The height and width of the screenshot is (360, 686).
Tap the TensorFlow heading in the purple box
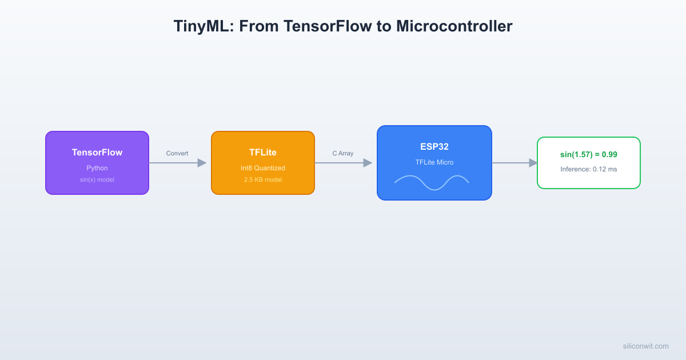(97, 153)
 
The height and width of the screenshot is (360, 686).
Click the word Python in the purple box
(97, 168)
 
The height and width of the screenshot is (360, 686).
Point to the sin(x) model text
(97, 179)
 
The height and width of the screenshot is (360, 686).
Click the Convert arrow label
(177, 153)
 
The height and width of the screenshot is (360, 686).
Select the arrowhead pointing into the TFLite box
(202, 163)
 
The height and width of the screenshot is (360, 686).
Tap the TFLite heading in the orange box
(263, 153)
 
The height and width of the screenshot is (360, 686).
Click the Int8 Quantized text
(263, 168)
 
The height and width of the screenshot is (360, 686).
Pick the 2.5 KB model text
(263, 179)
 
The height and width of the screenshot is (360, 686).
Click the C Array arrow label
(343, 153)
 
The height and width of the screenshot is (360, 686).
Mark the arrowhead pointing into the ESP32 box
(368, 163)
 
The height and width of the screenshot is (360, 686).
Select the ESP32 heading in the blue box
(434, 147)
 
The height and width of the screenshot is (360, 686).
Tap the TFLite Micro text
(434, 162)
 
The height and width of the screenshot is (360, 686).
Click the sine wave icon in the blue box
(432, 182)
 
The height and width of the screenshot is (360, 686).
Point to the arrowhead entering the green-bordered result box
(533, 163)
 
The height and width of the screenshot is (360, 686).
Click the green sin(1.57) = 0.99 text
(589, 155)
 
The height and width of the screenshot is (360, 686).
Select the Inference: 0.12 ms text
(589, 169)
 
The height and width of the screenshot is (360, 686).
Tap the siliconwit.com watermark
(645, 346)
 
